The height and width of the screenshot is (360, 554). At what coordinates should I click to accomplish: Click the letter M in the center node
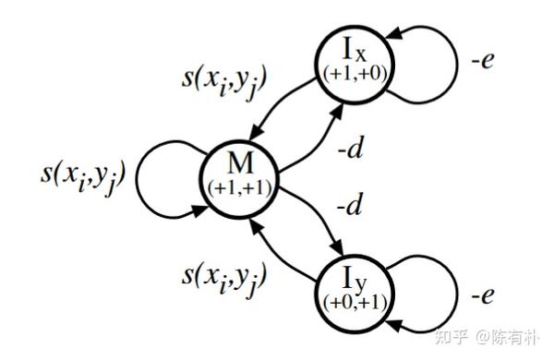pos(241,164)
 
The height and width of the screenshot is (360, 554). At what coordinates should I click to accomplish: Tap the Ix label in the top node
pos(355,51)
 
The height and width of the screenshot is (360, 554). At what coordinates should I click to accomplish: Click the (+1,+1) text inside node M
pos(240,187)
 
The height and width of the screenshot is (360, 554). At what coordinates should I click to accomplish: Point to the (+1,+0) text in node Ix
pos(355,74)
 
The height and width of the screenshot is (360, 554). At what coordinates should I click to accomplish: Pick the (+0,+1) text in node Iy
pos(355,303)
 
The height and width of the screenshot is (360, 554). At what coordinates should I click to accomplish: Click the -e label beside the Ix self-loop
pos(483,60)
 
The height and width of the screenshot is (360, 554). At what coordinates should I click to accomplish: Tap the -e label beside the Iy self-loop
pos(483,294)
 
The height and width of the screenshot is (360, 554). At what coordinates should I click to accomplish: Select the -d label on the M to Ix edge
pos(350,148)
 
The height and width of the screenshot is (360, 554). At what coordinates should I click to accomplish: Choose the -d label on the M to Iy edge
pos(349,204)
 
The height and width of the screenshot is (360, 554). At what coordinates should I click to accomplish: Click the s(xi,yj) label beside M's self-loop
pos(83,175)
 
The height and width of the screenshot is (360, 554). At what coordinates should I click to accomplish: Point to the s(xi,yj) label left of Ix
pos(223,83)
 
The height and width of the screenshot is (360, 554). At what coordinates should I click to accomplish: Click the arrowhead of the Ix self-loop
pos(393,33)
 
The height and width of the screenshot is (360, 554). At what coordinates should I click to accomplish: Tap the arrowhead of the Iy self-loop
pos(394,325)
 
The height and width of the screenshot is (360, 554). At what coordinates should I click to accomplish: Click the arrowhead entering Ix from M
pos(337,110)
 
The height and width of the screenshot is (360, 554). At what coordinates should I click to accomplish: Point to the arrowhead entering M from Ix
pos(256,134)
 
